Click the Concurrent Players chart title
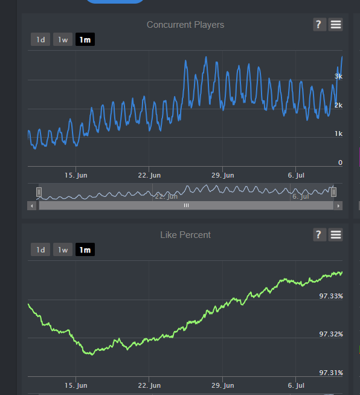185,25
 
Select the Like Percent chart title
185,235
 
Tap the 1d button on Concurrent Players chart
40,39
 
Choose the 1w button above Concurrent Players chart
63,39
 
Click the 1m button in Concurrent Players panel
85,39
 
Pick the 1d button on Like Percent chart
40,249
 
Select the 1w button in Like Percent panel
63,249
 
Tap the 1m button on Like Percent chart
85,249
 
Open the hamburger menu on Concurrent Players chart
336,24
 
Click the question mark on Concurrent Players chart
320,24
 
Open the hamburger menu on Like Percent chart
336,235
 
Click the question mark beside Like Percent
320,235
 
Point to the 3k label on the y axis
338,76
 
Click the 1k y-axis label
339,133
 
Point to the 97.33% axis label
331,296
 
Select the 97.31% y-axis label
331,372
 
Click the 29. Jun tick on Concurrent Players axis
223,175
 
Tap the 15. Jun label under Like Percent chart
76,385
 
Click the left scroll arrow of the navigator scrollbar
32,206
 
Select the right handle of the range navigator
333,192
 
